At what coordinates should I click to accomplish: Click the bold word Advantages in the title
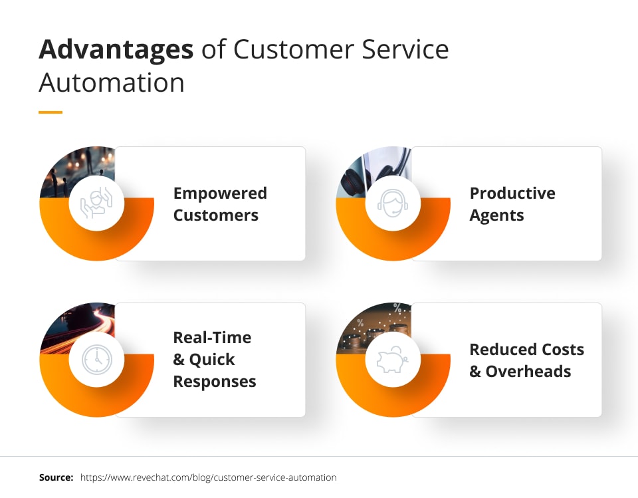pos(116,51)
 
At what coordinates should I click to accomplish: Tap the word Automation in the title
pos(112,82)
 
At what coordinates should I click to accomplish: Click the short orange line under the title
pos(51,112)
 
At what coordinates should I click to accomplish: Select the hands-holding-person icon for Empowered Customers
pos(96,203)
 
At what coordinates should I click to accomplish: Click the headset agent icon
pos(393,203)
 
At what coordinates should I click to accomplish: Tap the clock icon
pos(97,360)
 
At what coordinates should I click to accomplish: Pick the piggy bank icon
pos(393,360)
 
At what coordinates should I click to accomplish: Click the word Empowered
pos(220,193)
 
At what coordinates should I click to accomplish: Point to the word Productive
pos(512,193)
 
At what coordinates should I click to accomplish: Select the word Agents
pos(496,215)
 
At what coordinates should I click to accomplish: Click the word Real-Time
pos(212,338)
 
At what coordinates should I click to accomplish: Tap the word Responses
pos(215,382)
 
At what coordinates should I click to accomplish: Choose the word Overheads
pos(528,372)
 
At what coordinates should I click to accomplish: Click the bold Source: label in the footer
pos(56,477)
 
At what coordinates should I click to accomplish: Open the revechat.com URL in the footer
pos(208,477)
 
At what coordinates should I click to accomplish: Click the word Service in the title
pos(405,50)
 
